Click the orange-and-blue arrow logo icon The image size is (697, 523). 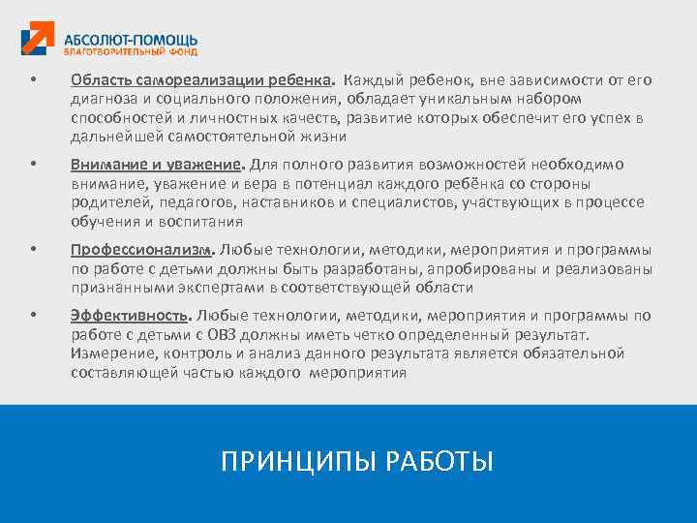coord(39,40)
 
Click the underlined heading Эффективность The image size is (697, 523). coord(132,315)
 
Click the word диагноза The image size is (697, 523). coord(103,98)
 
